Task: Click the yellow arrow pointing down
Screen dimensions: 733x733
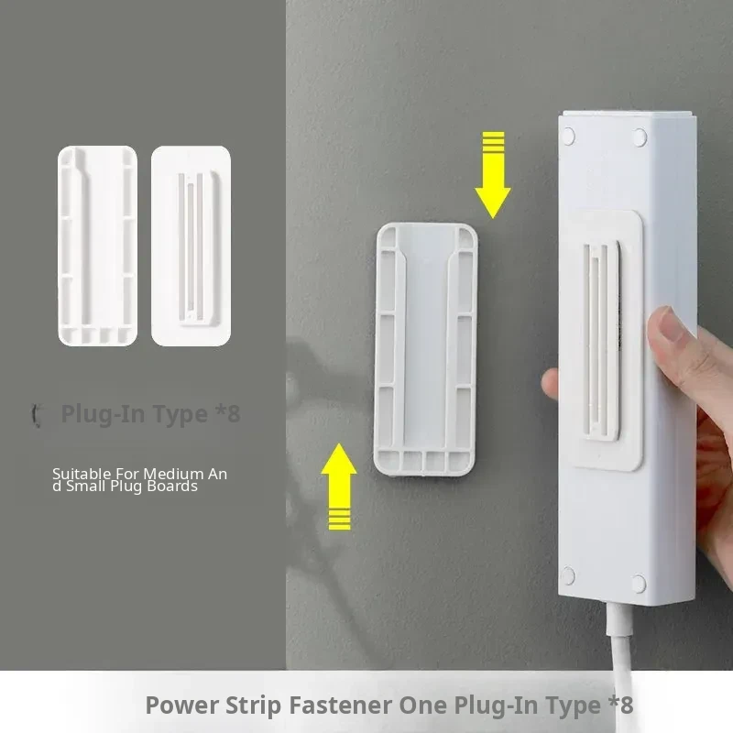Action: coord(493,175)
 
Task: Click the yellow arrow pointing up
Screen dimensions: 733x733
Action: coord(339,487)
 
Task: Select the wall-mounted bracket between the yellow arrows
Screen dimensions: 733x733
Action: coord(425,349)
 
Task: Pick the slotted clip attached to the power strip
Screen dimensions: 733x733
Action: coord(605,340)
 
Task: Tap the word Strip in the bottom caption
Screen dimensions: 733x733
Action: coord(253,706)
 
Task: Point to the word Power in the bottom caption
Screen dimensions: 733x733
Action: coord(181,705)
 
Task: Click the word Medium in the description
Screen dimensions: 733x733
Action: coord(173,474)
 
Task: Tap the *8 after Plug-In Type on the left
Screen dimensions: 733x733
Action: coord(228,413)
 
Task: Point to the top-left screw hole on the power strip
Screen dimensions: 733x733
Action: coord(568,137)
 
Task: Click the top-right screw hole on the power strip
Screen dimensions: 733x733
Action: coord(640,138)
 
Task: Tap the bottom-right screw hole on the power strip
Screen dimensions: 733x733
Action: coord(639,584)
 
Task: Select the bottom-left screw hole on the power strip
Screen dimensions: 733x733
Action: coord(567,576)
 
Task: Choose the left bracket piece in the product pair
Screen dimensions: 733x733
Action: coord(97,246)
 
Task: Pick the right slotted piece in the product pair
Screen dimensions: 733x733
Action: coord(191,246)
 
